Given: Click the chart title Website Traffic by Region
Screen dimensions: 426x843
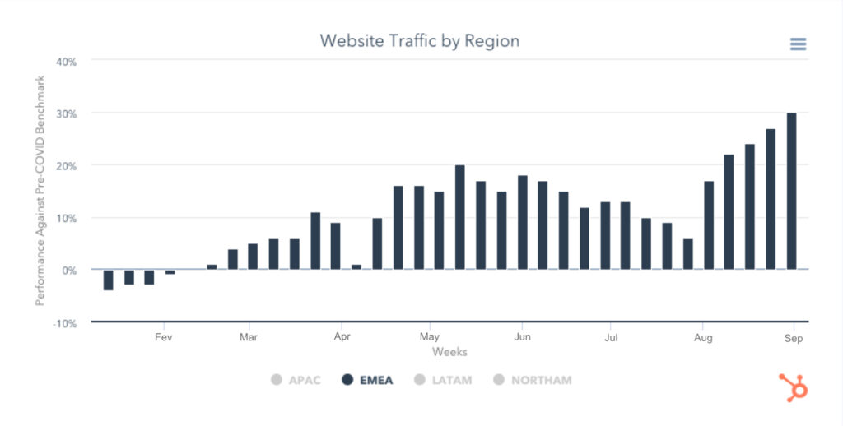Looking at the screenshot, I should [419, 40].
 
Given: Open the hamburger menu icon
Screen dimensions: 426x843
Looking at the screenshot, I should [798, 44].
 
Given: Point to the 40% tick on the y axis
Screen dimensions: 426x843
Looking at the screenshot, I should [66, 61].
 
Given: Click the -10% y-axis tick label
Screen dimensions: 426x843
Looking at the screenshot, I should [64, 322].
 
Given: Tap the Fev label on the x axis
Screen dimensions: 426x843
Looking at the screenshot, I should [163, 336].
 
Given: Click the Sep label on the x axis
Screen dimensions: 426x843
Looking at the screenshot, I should [793, 336].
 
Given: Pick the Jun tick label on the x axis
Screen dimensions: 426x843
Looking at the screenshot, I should [521, 336].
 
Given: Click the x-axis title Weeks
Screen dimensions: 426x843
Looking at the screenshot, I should [449, 352].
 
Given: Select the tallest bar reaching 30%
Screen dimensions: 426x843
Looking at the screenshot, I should [791, 191].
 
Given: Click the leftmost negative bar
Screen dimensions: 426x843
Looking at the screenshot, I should [108, 280].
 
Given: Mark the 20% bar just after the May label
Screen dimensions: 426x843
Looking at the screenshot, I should [459, 217].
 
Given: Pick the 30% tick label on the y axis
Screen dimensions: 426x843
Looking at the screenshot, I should [66, 113].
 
